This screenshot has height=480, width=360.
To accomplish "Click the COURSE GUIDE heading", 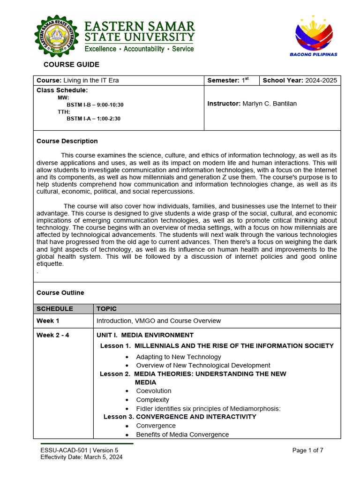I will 71,65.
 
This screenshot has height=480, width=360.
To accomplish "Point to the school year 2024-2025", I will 321,80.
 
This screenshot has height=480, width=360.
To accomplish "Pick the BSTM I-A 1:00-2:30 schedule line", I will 93,119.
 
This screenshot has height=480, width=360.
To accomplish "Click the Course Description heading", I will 67,141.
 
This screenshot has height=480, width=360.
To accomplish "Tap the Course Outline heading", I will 60,292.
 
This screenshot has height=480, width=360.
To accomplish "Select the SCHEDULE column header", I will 55,309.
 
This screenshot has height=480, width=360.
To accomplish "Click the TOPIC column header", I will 106,309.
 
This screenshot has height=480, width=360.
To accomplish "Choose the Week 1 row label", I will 48,321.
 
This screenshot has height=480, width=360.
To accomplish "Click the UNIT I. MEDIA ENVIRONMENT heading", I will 145,335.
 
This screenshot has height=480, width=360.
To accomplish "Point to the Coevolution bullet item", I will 154,391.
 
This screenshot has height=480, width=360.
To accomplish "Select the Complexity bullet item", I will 152,400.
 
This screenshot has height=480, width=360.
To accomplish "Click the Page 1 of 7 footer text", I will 307,450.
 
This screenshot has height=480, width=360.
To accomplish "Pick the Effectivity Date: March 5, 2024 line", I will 82,457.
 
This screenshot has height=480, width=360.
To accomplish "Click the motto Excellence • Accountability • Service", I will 139,49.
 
